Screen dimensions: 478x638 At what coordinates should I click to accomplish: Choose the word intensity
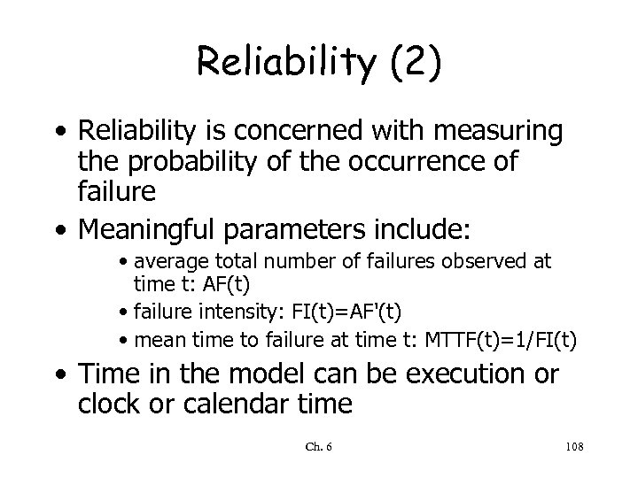point(231,311)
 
